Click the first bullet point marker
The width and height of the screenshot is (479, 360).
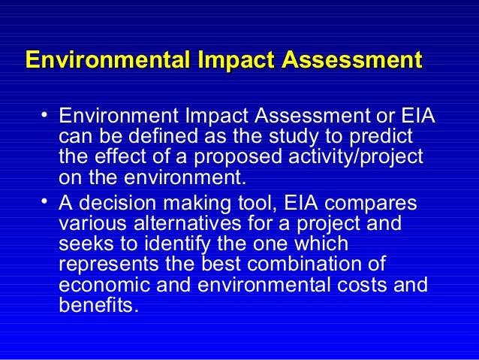pyautogui.click(x=46, y=115)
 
